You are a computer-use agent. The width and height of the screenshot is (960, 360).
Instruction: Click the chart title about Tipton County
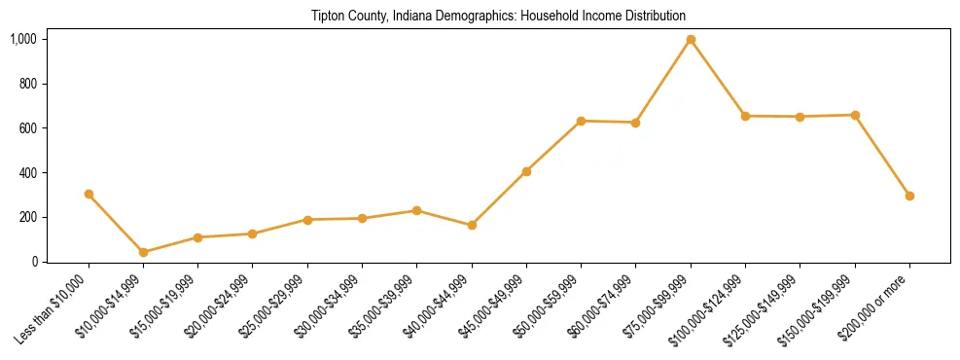[498, 16]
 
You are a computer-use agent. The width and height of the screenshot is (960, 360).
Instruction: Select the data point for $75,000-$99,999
[691, 40]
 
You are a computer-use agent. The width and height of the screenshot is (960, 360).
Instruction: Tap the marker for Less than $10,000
[89, 194]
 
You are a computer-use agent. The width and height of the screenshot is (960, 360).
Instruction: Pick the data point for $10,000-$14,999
[143, 252]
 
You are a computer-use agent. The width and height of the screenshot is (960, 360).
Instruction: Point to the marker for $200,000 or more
[909, 196]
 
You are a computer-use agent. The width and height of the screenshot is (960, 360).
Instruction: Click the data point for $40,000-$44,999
[472, 225]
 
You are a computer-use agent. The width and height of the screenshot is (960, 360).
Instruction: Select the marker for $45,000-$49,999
[526, 171]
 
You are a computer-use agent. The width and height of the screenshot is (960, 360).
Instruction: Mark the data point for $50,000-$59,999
[581, 121]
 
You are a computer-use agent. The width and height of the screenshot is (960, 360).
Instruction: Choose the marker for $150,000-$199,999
[855, 115]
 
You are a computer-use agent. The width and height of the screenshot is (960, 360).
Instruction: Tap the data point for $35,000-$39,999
[416, 210]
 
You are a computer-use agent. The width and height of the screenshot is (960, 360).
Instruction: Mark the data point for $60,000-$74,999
[635, 123]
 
